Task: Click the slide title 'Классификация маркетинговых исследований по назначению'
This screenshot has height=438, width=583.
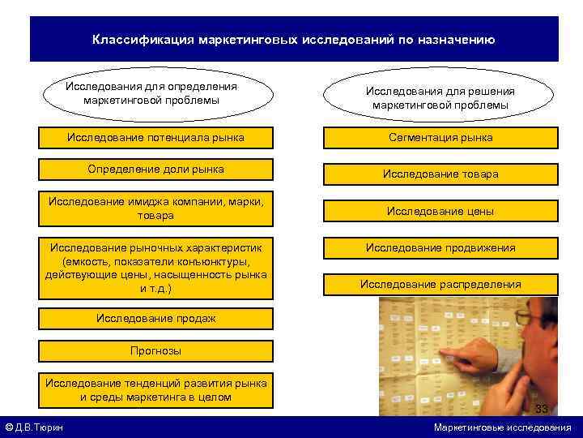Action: click(293, 40)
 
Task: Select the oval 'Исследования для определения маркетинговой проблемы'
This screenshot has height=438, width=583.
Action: click(151, 93)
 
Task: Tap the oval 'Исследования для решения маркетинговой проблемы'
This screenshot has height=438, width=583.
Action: click(440, 98)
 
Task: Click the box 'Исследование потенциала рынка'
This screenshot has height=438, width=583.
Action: click(156, 137)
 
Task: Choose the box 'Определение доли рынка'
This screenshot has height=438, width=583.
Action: click(156, 170)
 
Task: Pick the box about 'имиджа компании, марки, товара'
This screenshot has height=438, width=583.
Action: click(156, 208)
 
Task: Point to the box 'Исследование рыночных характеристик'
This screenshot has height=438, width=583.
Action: click(156, 266)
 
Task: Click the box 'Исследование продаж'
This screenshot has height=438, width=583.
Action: click(156, 318)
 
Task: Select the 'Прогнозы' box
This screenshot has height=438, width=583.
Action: click(156, 351)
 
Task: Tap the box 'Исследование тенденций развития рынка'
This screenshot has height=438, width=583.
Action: click(156, 390)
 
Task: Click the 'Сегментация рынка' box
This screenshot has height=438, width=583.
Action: click(440, 138)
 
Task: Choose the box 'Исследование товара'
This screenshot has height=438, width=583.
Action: click(440, 174)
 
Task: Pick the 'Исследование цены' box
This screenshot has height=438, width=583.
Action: click(440, 211)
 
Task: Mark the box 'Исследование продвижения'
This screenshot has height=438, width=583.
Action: click(440, 247)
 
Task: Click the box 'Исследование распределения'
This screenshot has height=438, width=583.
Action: click(440, 284)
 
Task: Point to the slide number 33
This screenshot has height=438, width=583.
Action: click(542, 408)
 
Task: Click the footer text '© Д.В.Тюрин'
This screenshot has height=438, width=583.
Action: click(35, 427)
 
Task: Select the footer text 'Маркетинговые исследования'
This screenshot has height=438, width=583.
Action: click(502, 427)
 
